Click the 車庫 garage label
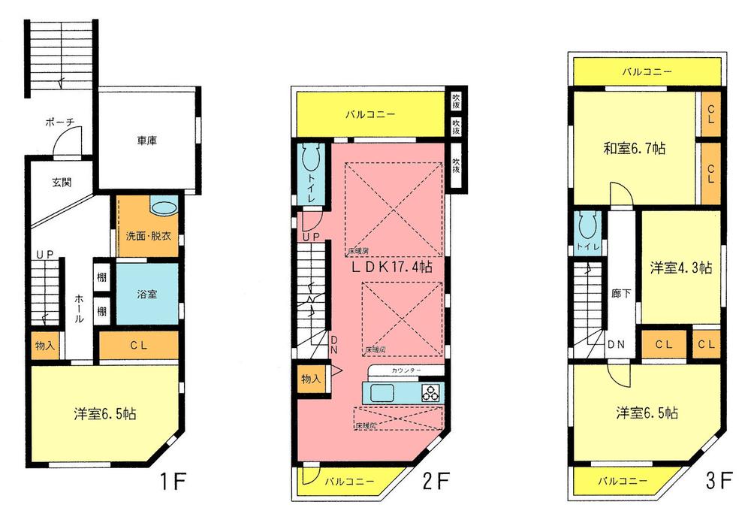(147, 140)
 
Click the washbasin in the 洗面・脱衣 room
(164, 207)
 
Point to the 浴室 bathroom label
(146, 294)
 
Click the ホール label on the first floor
(80, 308)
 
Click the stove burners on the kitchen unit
(431, 392)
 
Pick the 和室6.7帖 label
(635, 149)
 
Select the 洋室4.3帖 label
(680, 268)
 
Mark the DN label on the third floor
(617, 345)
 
